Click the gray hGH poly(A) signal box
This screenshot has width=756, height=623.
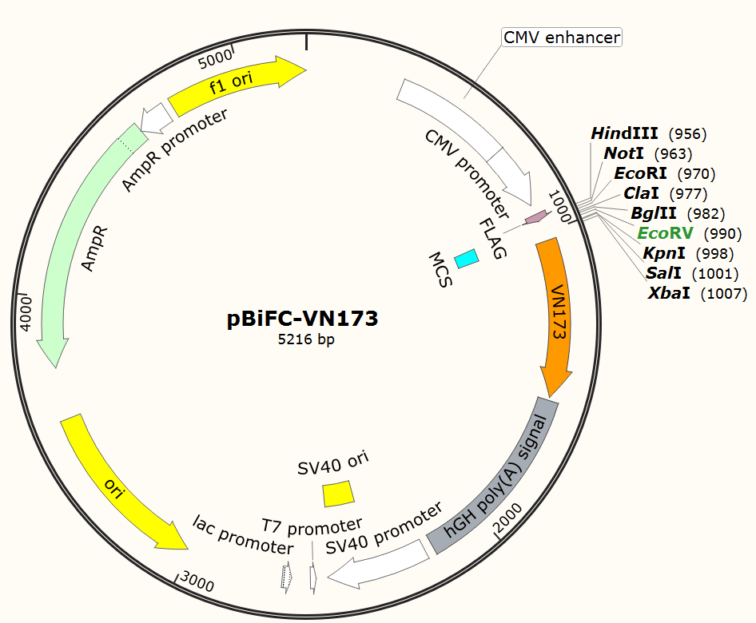(x=495, y=475)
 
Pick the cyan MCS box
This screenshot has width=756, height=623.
(x=466, y=258)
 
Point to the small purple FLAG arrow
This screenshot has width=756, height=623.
(x=535, y=216)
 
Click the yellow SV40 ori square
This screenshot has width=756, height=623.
(x=338, y=494)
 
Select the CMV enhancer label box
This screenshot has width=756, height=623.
(x=561, y=37)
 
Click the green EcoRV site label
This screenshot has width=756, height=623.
(x=666, y=233)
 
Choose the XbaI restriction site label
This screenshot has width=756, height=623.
(x=670, y=293)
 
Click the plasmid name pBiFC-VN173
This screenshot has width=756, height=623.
(x=302, y=319)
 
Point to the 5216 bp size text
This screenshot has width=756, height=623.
(x=302, y=340)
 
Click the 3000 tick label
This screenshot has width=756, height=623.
(x=197, y=582)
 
